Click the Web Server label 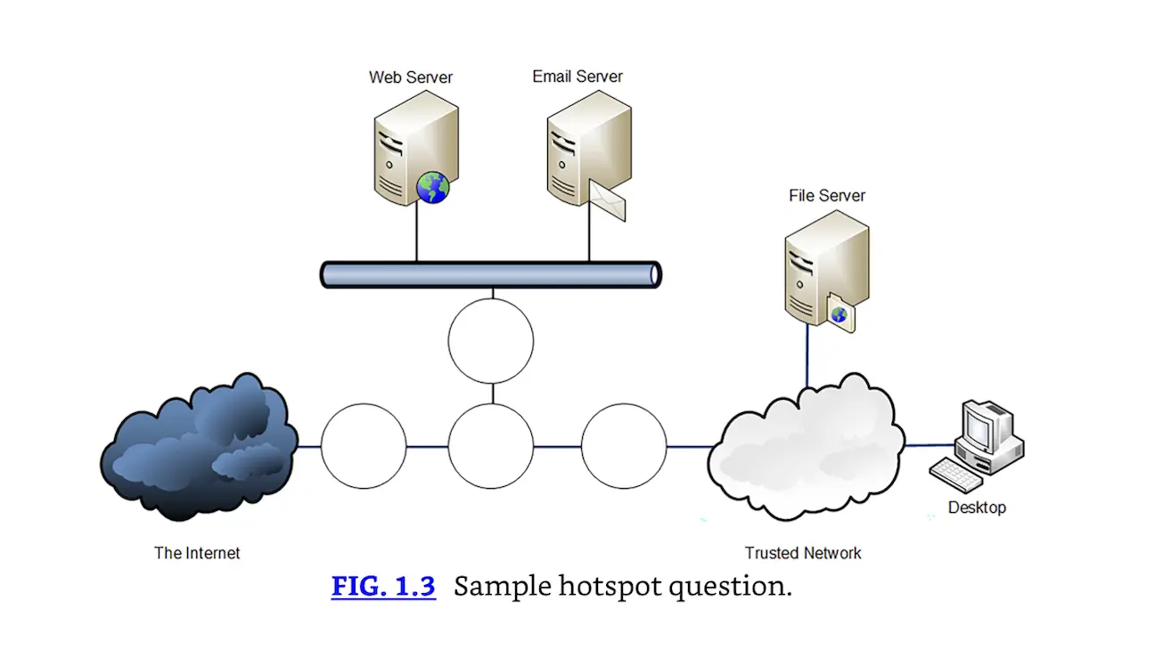(410, 77)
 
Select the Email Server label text (577, 77)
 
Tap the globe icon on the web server (433, 187)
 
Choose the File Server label (826, 196)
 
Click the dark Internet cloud (198, 448)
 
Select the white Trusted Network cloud (805, 448)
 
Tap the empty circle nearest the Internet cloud (364, 446)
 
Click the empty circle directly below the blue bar (491, 341)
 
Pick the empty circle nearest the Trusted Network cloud (624, 446)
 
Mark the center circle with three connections (491, 446)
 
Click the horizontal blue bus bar (490, 274)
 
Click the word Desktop (977, 508)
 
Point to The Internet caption (197, 553)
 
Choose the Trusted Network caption (803, 553)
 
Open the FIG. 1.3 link (383, 587)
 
